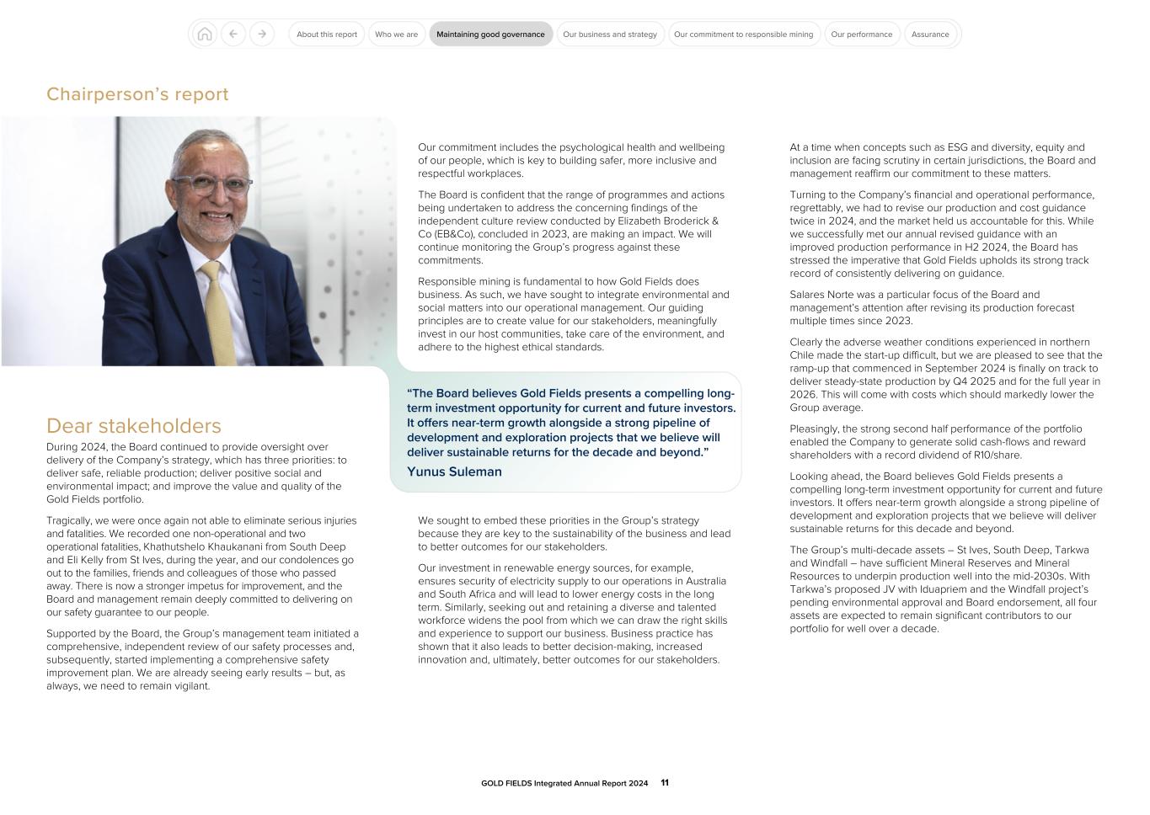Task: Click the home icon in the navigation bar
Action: click(204, 35)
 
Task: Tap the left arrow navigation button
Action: click(233, 35)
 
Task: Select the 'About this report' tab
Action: click(327, 35)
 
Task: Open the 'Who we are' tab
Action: click(396, 35)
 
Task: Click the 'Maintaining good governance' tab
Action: click(490, 35)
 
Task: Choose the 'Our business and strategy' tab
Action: click(609, 35)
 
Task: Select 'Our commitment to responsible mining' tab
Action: click(743, 35)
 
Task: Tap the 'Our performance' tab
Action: click(861, 35)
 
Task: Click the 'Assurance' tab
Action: click(930, 35)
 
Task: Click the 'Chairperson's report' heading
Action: click(137, 94)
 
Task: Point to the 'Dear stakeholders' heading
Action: click(133, 426)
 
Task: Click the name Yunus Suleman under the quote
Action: click(454, 471)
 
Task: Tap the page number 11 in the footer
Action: click(665, 783)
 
